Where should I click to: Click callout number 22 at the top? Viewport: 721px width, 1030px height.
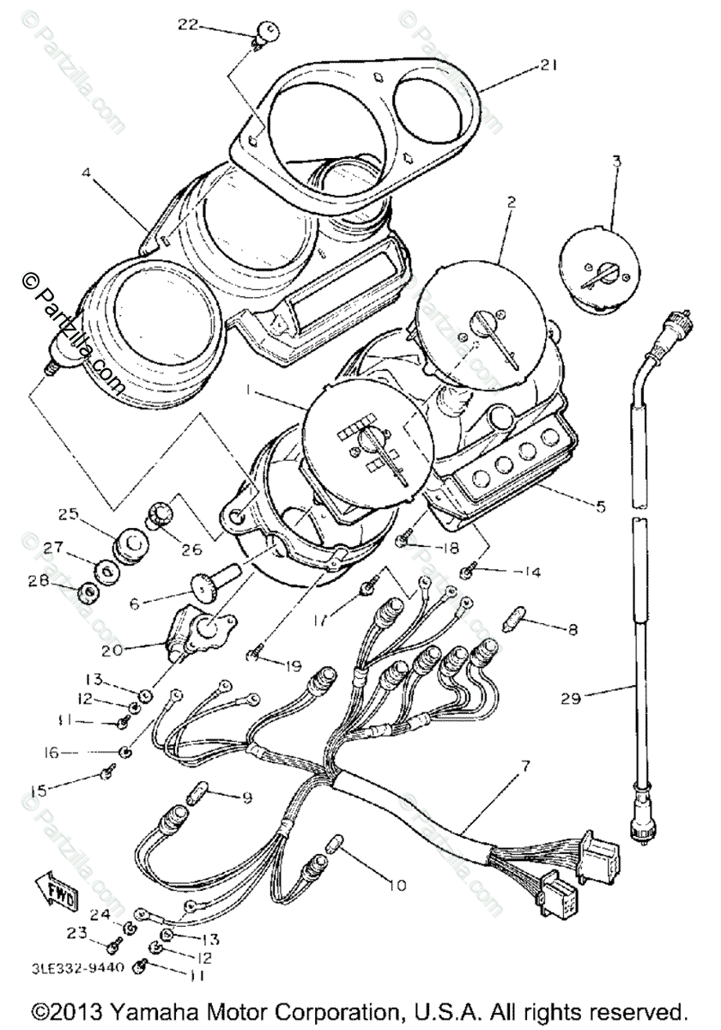188,25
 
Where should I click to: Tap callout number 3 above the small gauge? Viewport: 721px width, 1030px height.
616,161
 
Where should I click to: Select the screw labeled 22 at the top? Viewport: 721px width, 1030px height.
265,35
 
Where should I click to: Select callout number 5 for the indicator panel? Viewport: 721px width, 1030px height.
599,506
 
